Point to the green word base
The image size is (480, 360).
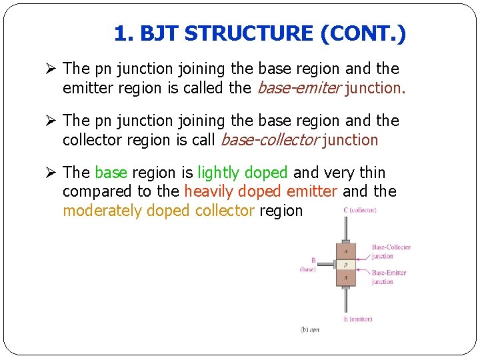click(111, 173)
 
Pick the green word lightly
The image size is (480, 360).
click(217, 173)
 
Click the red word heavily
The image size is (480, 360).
click(211, 192)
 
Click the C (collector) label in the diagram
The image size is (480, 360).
click(359, 211)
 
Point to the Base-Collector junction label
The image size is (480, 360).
click(391, 251)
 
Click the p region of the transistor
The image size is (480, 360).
click(346, 265)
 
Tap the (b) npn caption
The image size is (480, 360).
click(310, 330)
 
